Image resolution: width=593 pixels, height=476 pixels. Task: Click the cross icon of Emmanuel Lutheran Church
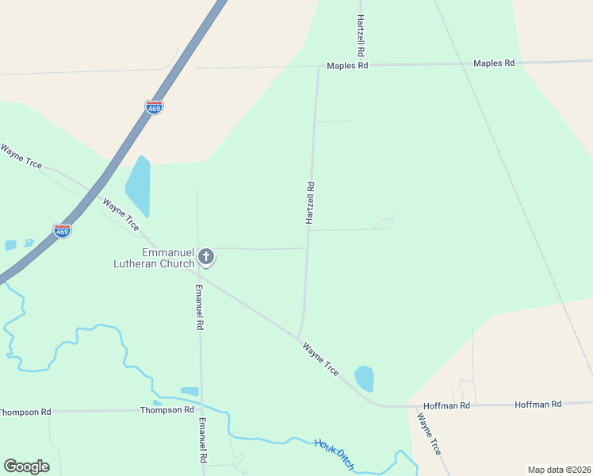coord(206,255)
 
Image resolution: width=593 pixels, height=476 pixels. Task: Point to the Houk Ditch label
coord(334,453)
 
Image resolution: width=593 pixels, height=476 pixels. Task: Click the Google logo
coord(26,466)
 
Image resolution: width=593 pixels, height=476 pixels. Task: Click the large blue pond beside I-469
coord(138,186)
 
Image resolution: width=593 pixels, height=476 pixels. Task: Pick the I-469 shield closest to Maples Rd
coord(155,107)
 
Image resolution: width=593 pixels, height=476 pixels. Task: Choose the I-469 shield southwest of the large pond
coord(63,230)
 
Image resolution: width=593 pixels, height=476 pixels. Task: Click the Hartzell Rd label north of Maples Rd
coord(361,34)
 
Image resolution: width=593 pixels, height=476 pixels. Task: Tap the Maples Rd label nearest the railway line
coord(494,63)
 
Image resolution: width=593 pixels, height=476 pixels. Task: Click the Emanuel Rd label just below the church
coord(200,307)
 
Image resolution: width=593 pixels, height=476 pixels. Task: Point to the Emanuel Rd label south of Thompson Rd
coord(203,441)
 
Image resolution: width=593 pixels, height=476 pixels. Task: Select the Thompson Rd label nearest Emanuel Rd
coord(167,410)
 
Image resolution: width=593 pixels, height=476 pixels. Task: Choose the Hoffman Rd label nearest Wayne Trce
coord(448,405)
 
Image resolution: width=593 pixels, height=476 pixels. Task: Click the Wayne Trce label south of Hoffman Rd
coord(429,434)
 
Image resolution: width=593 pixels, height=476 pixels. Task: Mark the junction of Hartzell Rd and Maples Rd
coord(319,67)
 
